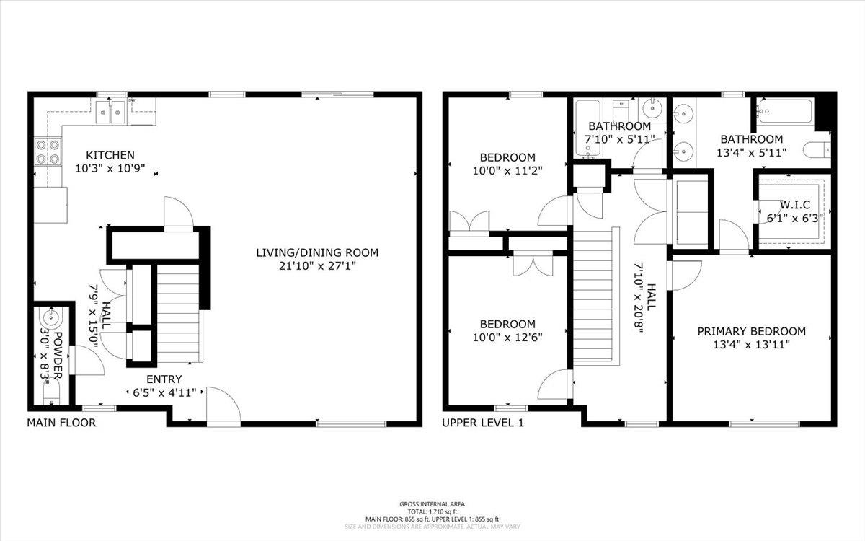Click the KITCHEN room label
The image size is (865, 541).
click(110, 154)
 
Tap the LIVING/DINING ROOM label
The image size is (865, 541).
click(317, 252)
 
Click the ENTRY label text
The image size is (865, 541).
click(164, 379)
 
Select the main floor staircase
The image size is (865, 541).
click(177, 314)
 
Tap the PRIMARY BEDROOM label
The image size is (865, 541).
click(751, 331)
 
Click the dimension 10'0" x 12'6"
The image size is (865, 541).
click(508, 337)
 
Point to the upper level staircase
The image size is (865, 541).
click(595, 296)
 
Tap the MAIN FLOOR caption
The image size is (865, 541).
click(61, 423)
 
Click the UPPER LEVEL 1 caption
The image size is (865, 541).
click(482, 423)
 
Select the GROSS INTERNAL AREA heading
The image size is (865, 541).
click(432, 503)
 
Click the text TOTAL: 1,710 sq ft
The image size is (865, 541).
click(432, 511)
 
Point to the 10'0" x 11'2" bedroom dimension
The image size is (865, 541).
click(508, 171)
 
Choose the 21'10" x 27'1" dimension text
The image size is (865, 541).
click(317, 265)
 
